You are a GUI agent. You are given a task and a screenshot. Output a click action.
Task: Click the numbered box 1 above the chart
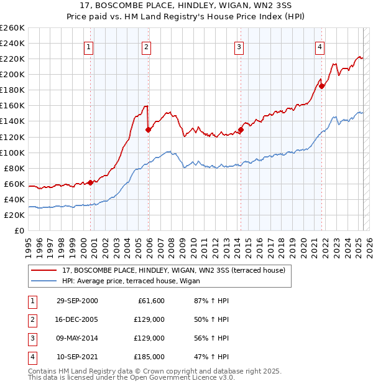tap(89, 46)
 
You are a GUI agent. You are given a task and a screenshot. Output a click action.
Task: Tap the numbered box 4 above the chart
tap(320, 46)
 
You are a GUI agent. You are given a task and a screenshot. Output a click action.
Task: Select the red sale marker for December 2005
tap(148, 129)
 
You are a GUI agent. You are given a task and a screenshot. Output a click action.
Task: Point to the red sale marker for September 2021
tap(321, 86)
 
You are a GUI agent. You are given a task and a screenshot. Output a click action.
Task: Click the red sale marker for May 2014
tap(241, 129)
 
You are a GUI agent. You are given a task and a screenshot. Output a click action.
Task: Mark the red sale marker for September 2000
tap(91, 182)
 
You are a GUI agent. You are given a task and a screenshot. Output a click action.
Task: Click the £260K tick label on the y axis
tap(12, 28)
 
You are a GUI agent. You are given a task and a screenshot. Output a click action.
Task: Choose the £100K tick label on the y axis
tap(12, 153)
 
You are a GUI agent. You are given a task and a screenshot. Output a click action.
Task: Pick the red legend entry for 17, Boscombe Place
tap(173, 270)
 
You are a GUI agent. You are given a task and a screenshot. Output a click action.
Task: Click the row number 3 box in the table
tap(32, 338)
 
